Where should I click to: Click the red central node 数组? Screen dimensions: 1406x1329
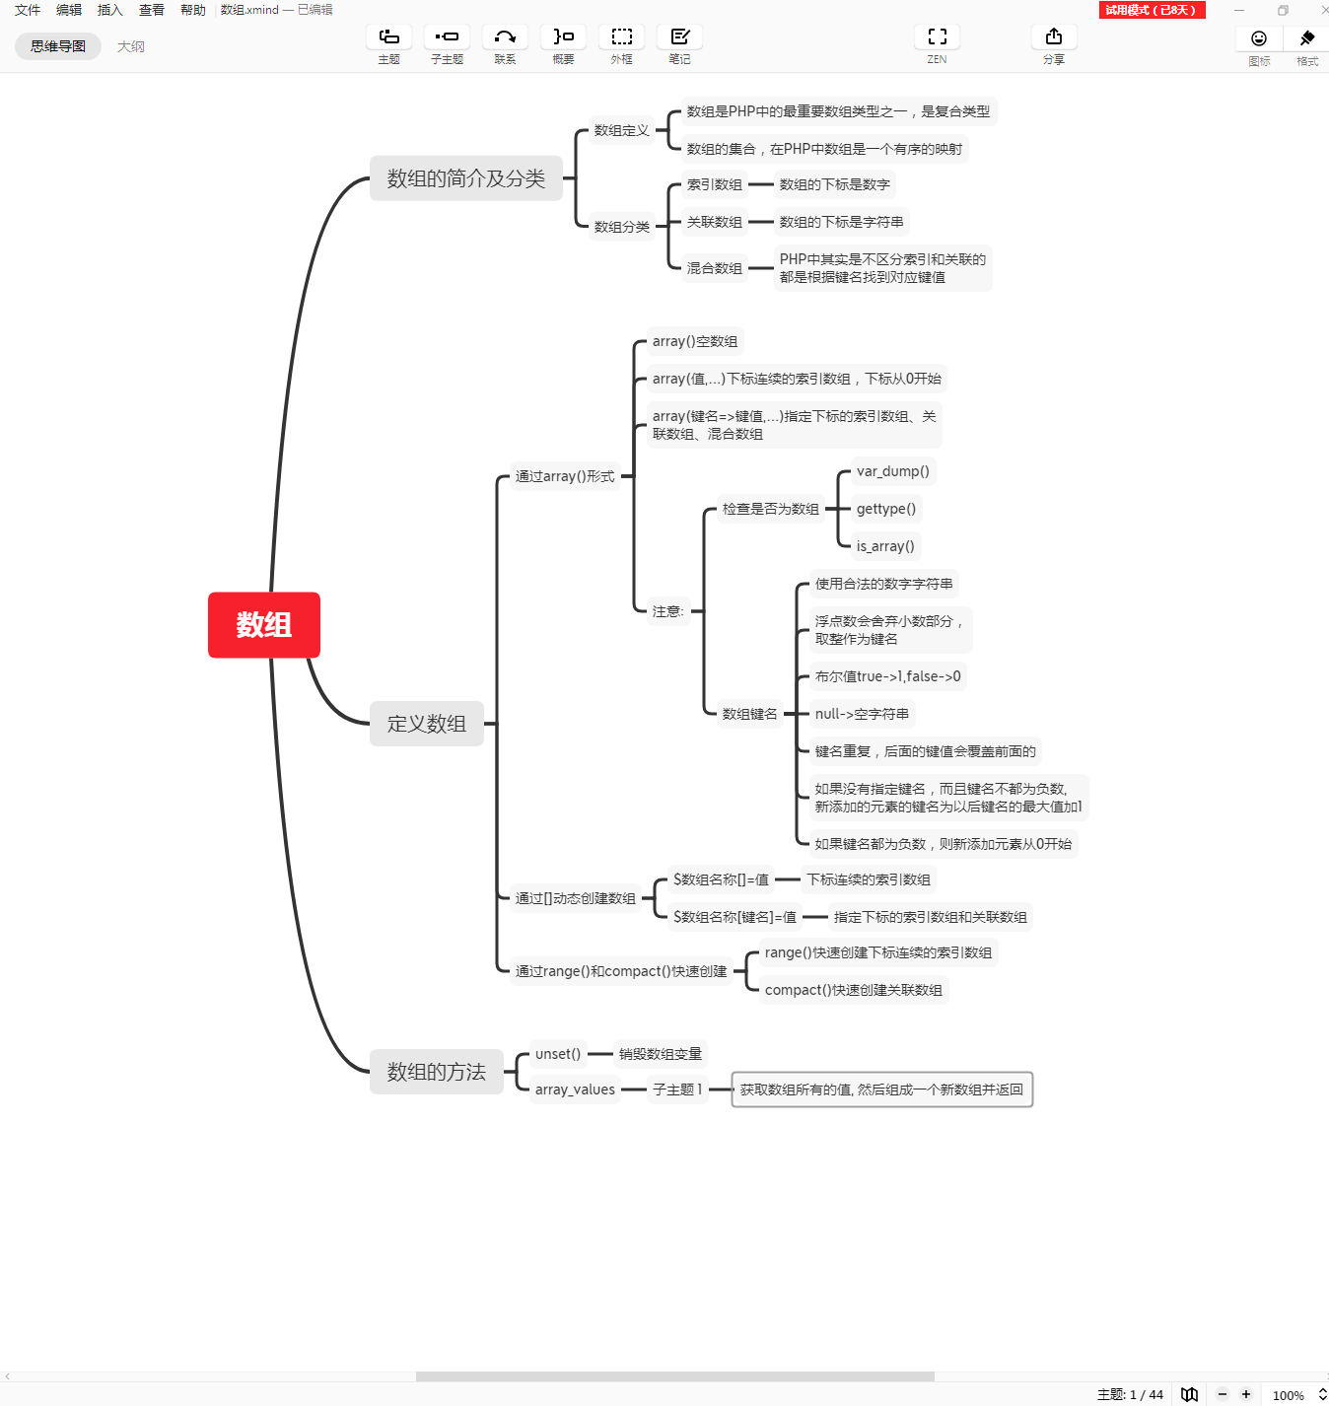[x=263, y=625]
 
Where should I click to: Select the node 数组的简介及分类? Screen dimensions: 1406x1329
[x=465, y=178]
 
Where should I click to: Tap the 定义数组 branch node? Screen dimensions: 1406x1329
[x=426, y=724]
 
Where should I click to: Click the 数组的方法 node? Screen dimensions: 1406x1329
[x=436, y=1072]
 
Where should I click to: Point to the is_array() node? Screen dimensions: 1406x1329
[x=885, y=546]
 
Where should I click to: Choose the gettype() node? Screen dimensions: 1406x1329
[x=885, y=509]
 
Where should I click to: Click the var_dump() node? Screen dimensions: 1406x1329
[x=892, y=471]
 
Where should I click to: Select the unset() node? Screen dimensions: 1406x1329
[x=557, y=1054]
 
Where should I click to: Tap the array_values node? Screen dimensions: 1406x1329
[x=575, y=1090]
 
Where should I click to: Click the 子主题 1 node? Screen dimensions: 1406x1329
[x=677, y=1090]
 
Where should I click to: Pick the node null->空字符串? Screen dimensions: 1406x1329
[x=862, y=714]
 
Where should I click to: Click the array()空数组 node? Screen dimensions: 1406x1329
[x=694, y=341]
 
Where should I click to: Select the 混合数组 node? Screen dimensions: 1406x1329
[x=714, y=268]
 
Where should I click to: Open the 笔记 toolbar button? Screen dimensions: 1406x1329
[x=679, y=44]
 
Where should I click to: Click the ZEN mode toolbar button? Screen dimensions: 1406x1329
[x=937, y=44]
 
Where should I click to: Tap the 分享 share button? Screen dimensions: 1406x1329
[x=1053, y=44]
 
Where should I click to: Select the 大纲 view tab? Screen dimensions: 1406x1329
[x=130, y=46]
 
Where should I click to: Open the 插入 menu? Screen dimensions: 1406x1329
[x=109, y=10]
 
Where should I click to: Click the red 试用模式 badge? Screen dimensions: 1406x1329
[x=1151, y=10]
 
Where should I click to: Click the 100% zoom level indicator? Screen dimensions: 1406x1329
[x=1288, y=1395]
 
